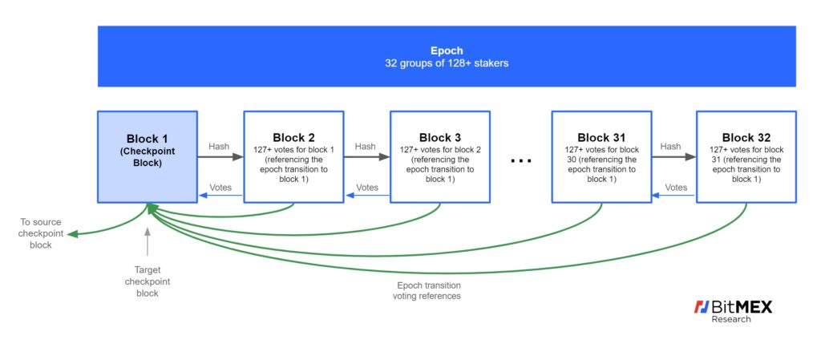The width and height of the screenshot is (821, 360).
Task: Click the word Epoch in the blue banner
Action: click(x=447, y=51)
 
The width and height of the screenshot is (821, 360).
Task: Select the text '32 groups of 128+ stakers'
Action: click(x=447, y=63)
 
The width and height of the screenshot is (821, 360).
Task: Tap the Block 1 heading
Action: click(x=148, y=140)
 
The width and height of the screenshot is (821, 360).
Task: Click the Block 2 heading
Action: click(x=293, y=138)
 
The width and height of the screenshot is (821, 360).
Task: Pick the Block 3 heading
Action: click(x=440, y=138)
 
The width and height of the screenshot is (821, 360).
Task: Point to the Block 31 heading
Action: click(x=601, y=138)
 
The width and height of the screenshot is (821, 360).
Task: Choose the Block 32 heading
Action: click(x=746, y=138)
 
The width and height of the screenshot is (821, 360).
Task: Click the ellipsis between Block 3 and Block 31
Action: click(x=521, y=161)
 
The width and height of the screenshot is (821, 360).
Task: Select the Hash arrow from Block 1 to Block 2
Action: click(x=220, y=157)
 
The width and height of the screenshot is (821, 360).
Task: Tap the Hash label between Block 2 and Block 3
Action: click(x=365, y=147)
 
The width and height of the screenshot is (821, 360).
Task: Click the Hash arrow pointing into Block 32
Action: click(x=673, y=157)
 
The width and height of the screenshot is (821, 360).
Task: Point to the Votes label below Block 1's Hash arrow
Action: click(x=220, y=188)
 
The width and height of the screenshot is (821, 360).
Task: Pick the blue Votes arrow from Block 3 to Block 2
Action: click(x=367, y=196)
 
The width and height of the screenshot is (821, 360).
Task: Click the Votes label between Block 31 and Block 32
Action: click(x=676, y=188)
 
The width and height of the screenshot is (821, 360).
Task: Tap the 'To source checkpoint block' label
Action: click(x=41, y=233)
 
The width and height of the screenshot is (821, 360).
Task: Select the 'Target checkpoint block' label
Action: click(x=148, y=281)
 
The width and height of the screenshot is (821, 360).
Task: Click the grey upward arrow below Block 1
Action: click(x=148, y=241)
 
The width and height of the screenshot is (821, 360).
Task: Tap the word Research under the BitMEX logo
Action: click(x=730, y=319)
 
